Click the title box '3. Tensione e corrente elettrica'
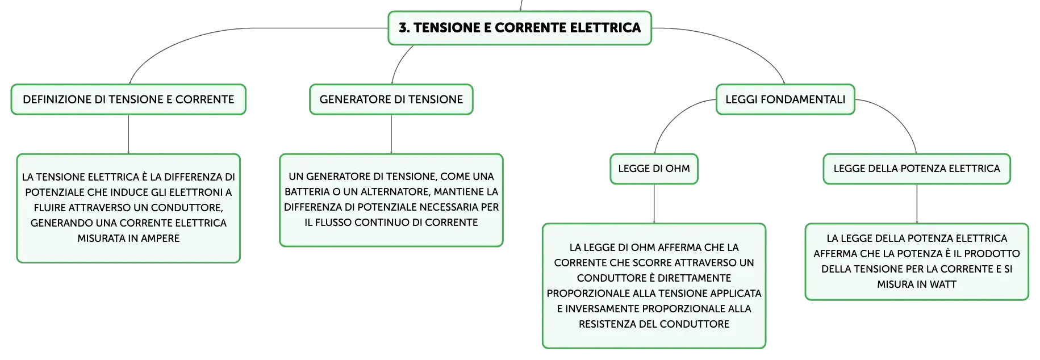point(520,28)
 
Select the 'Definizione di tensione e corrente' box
point(128,99)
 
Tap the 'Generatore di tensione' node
point(391,99)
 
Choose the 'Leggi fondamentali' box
point(786,99)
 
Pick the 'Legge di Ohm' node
point(654,169)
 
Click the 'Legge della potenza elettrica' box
point(917,169)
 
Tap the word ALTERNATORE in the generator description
point(394,192)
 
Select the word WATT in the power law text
point(943,284)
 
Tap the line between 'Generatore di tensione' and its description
point(391,134)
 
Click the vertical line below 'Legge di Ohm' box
point(654,204)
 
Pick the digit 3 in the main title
point(402,28)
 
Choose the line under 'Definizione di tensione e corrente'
point(128,134)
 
